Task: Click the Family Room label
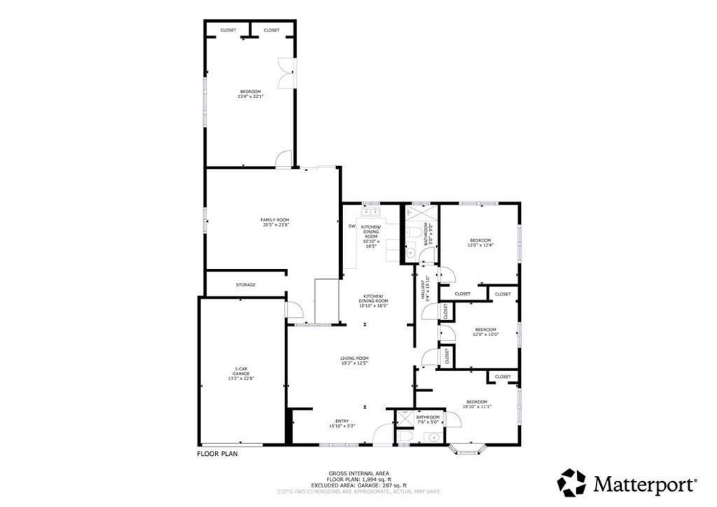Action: click(x=275, y=223)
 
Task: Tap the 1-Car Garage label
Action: click(x=242, y=374)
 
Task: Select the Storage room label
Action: click(x=245, y=285)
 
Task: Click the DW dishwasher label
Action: click(x=351, y=226)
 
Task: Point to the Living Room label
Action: click(x=354, y=361)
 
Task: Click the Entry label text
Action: click(x=342, y=423)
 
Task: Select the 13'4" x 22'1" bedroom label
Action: click(x=250, y=95)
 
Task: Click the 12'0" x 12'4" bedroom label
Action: click(x=480, y=242)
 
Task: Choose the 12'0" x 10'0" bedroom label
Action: click(x=485, y=332)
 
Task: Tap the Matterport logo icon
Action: click(x=571, y=483)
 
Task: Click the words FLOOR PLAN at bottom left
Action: click(x=218, y=454)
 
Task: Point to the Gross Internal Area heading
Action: click(x=358, y=473)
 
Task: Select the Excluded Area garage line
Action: click(x=358, y=485)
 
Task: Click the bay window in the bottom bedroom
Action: click(x=468, y=449)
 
